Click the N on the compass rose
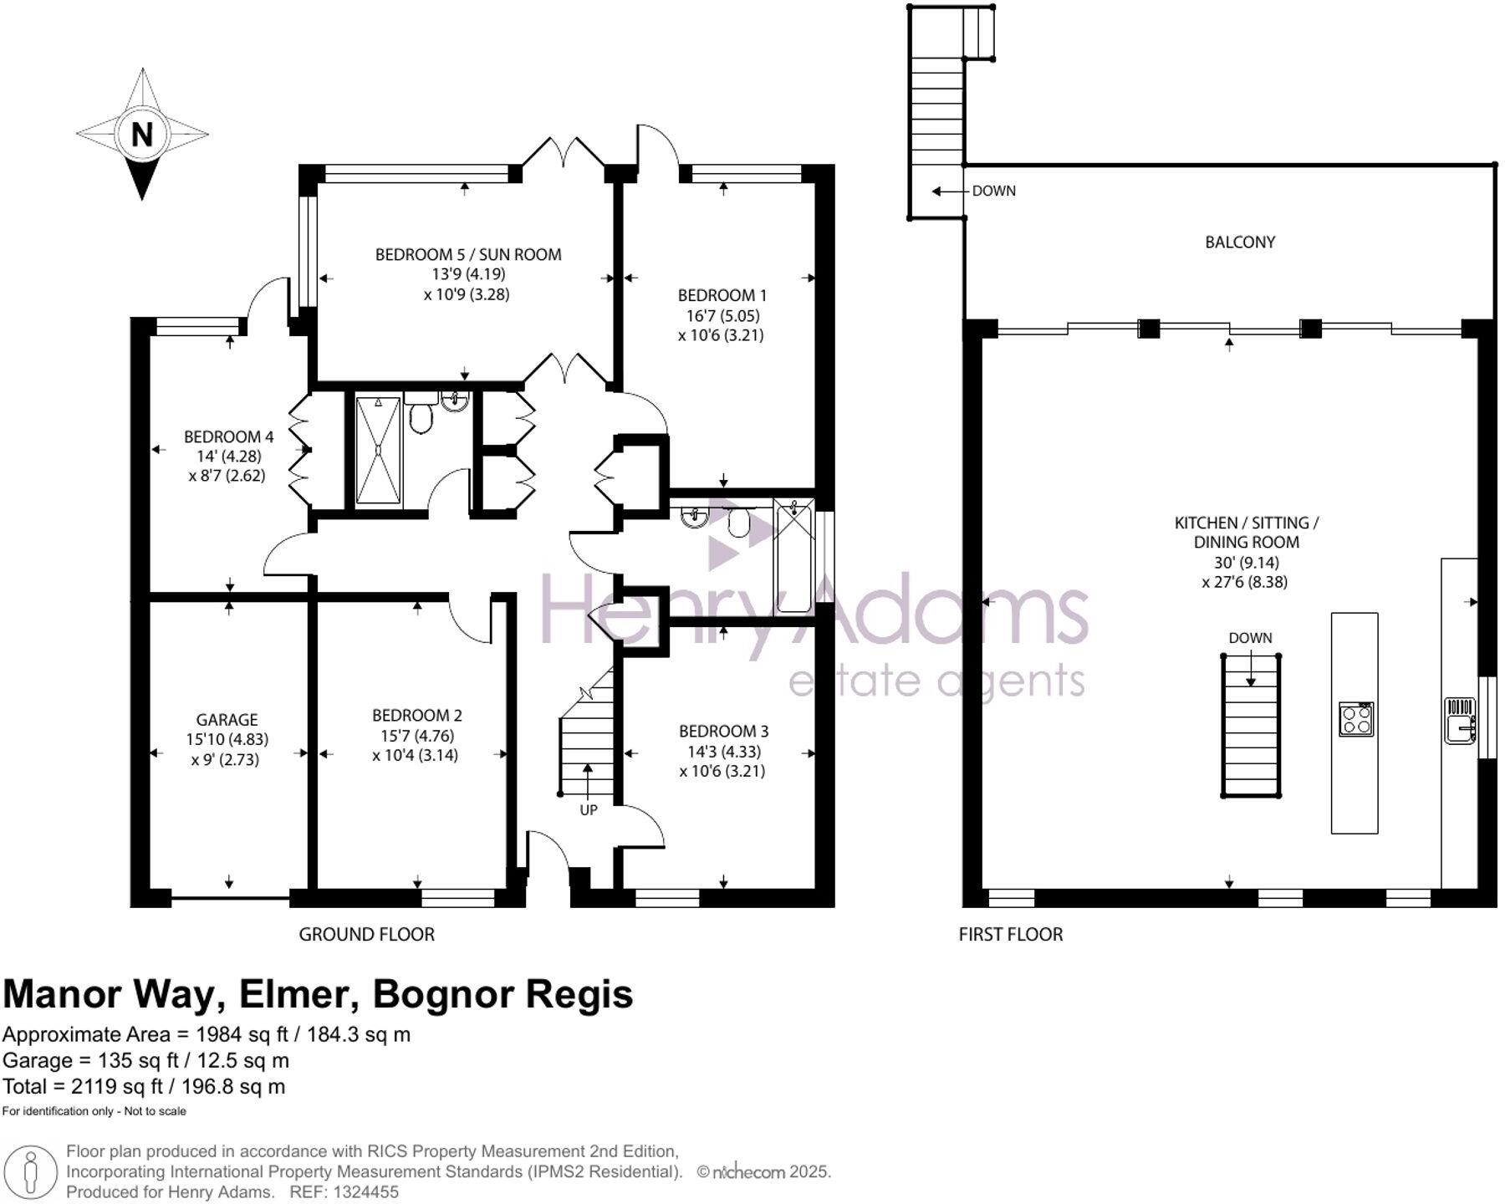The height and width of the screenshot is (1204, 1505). click(x=141, y=134)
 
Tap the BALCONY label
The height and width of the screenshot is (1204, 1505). click(x=1240, y=242)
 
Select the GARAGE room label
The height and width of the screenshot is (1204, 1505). click(x=227, y=719)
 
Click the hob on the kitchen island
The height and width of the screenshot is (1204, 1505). click(x=1355, y=719)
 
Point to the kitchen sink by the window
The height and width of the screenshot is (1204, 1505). click(x=1460, y=720)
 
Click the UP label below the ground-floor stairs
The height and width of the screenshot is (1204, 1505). click(x=589, y=810)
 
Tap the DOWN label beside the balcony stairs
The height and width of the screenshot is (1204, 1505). click(x=993, y=191)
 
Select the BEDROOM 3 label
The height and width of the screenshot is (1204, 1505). click(x=723, y=731)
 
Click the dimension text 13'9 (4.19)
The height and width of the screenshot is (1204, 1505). click(x=467, y=274)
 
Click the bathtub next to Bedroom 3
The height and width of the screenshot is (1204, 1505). click(x=793, y=556)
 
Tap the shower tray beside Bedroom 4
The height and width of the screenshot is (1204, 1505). click(x=378, y=451)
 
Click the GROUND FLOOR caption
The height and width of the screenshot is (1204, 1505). click(x=366, y=934)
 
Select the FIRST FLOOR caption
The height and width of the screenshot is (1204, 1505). click(x=1010, y=934)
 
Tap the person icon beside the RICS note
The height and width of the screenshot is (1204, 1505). click(x=31, y=1171)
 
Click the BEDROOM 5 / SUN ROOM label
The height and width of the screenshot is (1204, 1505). click(x=467, y=254)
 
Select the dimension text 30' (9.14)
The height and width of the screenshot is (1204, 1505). click(x=1245, y=563)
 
